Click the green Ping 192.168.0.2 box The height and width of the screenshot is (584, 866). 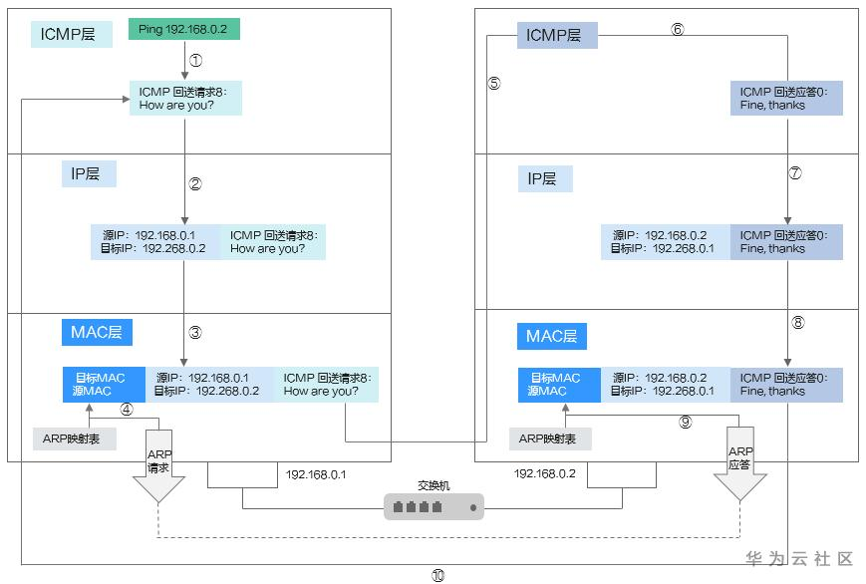[184, 30]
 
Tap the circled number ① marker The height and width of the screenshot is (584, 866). [195, 60]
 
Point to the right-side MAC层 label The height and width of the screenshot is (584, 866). [552, 336]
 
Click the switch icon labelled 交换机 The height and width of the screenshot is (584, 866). [433, 507]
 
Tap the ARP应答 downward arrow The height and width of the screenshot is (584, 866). [739, 463]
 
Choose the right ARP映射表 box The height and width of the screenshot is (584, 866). [550, 438]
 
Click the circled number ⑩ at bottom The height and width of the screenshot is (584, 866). [437, 575]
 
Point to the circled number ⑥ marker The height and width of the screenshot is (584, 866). [678, 29]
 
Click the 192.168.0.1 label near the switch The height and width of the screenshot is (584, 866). [316, 474]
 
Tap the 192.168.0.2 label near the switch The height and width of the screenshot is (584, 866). [544, 474]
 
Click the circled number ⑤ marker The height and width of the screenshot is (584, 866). [494, 83]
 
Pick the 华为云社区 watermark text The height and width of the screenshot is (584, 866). [800, 559]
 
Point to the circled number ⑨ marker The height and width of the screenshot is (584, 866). [685, 422]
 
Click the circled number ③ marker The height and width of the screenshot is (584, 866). [195, 333]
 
